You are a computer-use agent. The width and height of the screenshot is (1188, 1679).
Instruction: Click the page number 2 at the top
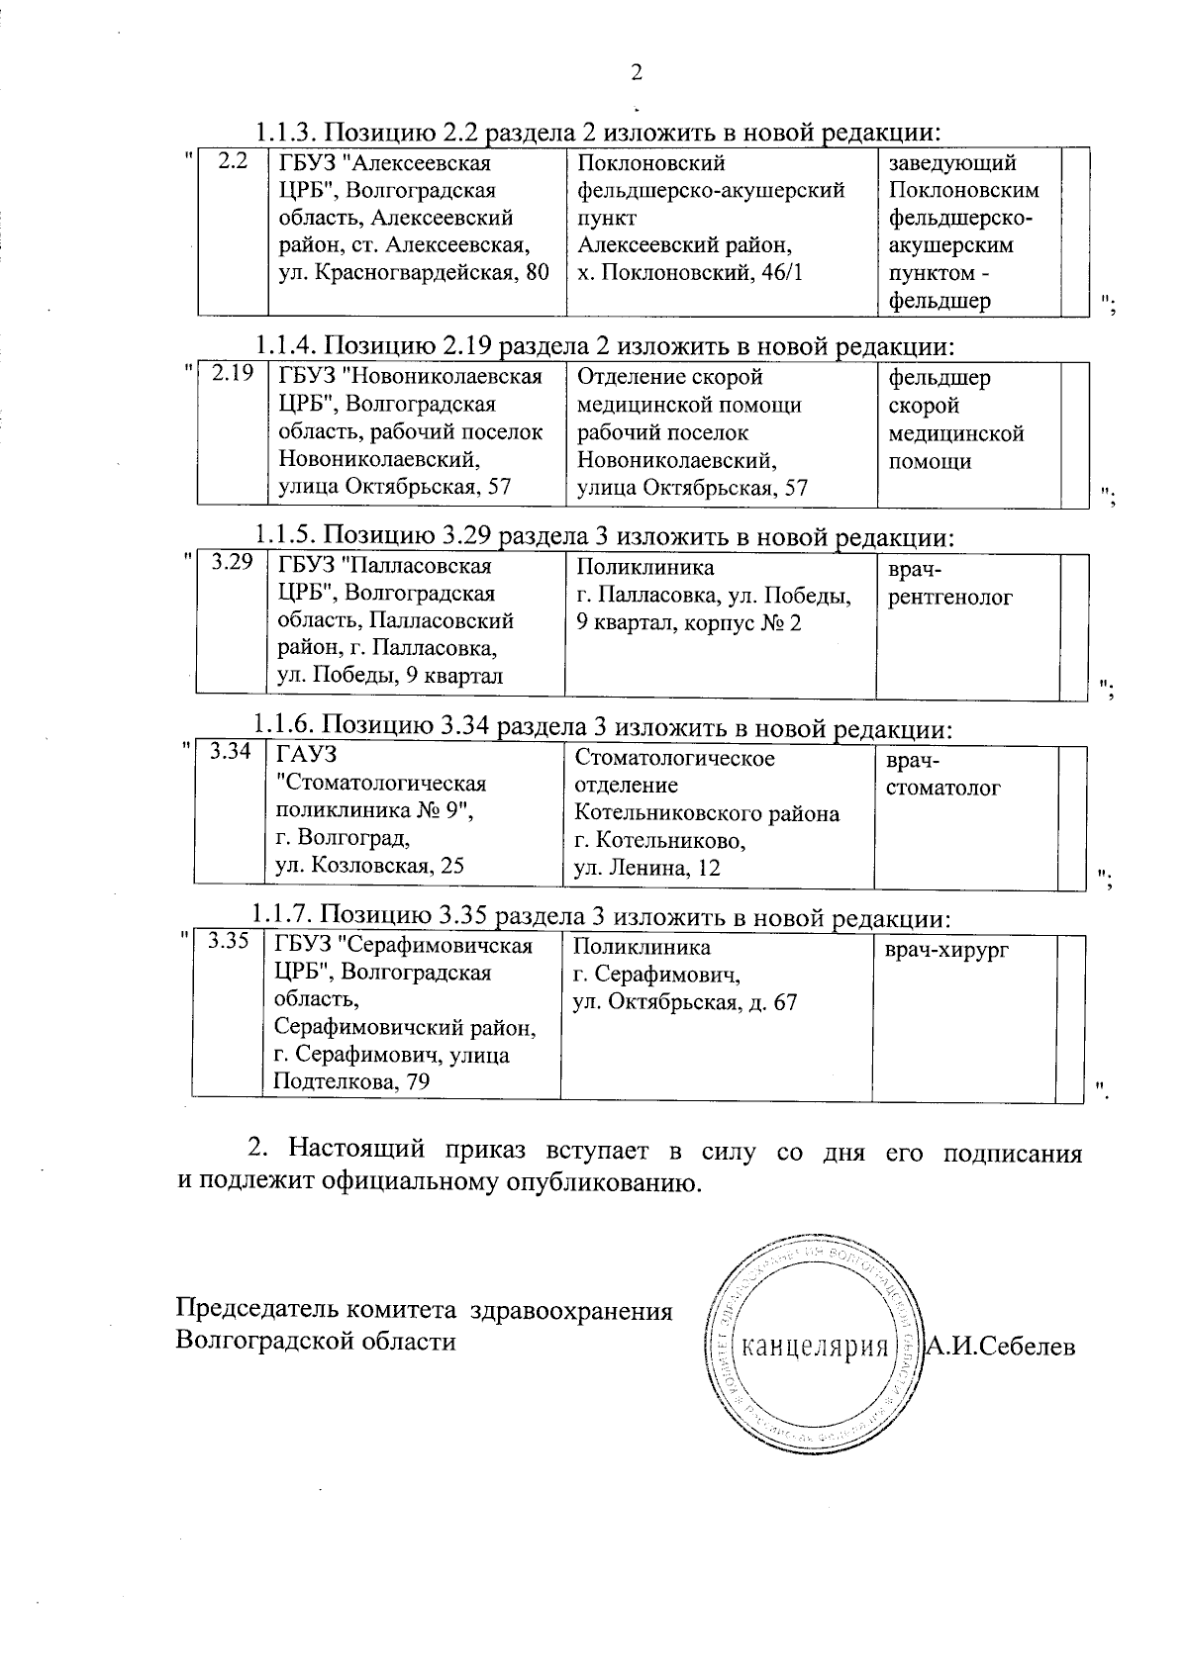636,73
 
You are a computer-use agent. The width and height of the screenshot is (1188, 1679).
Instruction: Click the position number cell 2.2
232,161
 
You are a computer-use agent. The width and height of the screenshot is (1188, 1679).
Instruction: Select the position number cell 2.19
233,374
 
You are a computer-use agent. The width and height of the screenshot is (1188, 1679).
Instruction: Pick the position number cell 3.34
230,753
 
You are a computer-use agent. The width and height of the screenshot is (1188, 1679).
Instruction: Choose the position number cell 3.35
228,942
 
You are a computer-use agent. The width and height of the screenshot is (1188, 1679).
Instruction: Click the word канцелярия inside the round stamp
814,1347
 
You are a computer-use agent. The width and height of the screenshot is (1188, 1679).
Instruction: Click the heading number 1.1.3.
286,132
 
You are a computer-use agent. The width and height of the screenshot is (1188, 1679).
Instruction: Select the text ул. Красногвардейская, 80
413,273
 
